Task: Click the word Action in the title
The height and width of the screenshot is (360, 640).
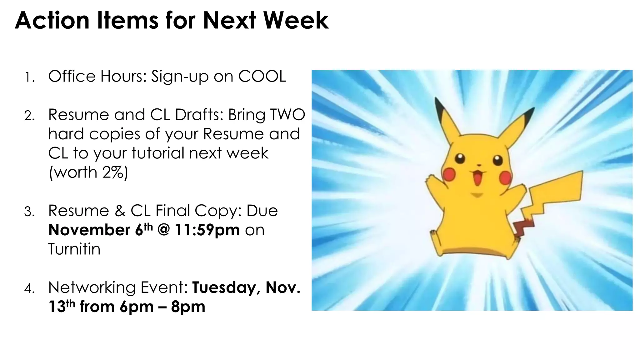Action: [52, 21]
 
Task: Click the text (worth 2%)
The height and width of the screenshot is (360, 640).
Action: [88, 172]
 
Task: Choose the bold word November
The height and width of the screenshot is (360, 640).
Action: [89, 230]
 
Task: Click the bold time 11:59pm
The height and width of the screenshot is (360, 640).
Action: [207, 230]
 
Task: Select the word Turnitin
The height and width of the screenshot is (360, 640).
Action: [74, 249]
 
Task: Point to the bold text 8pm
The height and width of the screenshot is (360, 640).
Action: [188, 307]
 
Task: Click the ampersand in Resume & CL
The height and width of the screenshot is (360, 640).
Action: [120, 211]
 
